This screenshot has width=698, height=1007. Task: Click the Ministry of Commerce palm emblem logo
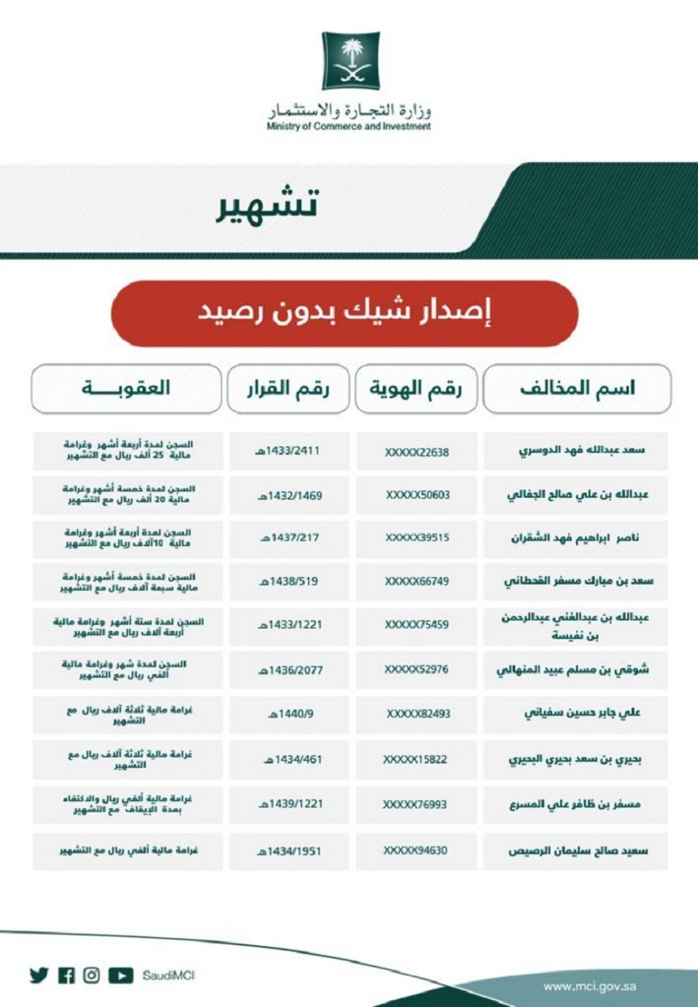(x=351, y=61)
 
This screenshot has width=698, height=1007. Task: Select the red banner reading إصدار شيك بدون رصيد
(x=344, y=313)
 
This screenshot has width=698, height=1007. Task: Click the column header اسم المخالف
(x=577, y=389)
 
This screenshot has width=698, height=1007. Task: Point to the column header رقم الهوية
(x=416, y=389)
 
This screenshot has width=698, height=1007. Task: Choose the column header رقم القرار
(x=288, y=389)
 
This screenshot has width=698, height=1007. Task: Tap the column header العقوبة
(x=126, y=389)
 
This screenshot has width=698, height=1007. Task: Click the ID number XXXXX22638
(x=416, y=451)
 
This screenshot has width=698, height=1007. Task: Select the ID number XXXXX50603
(x=416, y=495)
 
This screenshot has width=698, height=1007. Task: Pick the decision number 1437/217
(x=288, y=538)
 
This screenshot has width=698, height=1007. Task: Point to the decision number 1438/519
(x=288, y=581)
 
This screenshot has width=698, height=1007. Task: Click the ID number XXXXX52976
(x=416, y=669)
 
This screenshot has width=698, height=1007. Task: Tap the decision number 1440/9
(x=288, y=713)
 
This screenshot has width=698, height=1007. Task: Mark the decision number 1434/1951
(x=288, y=851)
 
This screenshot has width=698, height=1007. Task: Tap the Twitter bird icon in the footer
(x=38, y=975)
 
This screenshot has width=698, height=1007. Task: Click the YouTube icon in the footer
(x=120, y=975)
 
